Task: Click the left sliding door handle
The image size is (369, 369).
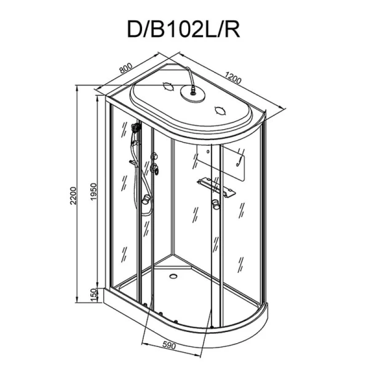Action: click(x=146, y=199)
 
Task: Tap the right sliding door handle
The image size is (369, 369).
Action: click(x=216, y=205)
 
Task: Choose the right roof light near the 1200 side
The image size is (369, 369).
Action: click(x=220, y=111)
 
